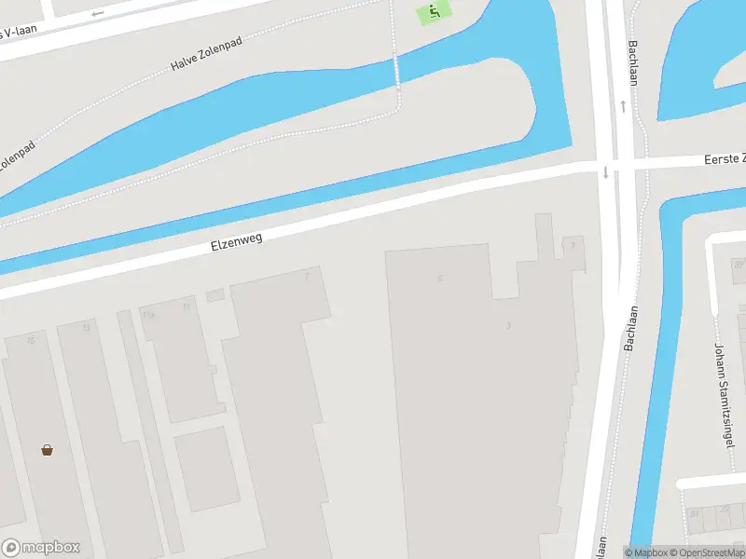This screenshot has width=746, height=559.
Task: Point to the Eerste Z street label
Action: [725, 160]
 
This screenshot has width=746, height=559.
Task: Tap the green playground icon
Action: [432, 13]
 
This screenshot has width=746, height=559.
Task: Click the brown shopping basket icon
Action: [47, 450]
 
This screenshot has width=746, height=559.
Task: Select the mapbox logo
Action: [41, 547]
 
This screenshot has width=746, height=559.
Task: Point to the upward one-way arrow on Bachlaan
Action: [622, 105]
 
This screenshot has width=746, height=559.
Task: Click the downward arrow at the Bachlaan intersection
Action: [605, 171]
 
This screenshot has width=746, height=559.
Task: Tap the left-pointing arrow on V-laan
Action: [98, 14]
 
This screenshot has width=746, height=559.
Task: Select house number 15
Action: [31, 340]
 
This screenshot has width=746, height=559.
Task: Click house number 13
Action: [87, 327]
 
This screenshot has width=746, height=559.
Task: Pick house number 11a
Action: [147, 316]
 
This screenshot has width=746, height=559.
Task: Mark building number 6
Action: [439, 278]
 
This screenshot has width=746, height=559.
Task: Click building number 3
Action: [508, 325]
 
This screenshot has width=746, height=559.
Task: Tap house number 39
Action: [738, 265]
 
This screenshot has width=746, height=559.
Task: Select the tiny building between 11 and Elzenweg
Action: [215, 295]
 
